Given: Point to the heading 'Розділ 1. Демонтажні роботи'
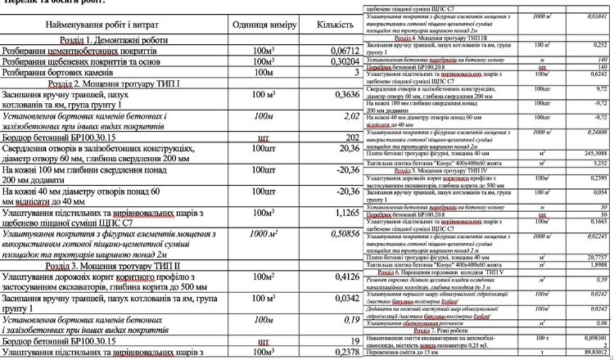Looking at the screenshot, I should (117, 40).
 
